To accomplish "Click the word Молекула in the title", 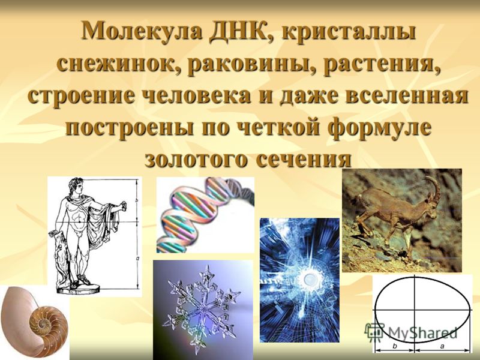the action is (142, 31).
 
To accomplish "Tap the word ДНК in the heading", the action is (241, 32).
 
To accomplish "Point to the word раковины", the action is (253, 64).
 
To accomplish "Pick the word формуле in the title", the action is (380, 128).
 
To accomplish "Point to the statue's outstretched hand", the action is (123, 205).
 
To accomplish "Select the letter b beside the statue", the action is (137, 200).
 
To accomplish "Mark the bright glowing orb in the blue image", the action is (310, 278).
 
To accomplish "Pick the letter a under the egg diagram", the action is (442, 347).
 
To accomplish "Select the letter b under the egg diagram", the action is (395, 346).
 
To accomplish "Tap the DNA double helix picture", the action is (205, 215).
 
